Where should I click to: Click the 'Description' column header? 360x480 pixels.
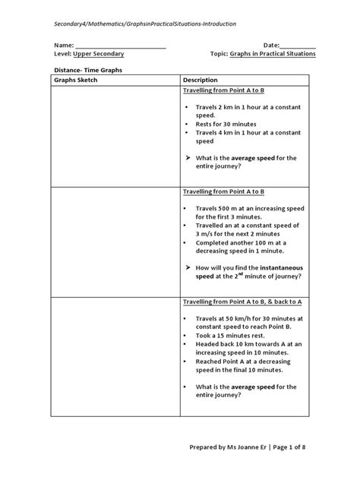pyautogui.click(x=201, y=80)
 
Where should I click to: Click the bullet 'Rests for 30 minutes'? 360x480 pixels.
pyautogui.click(x=226, y=124)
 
